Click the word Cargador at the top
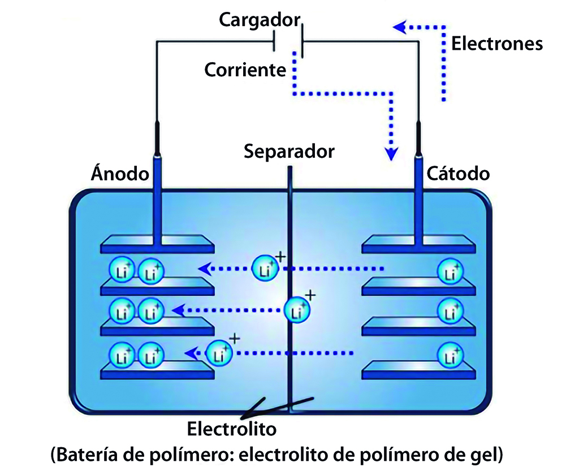tap(259, 21)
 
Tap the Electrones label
tap(497, 44)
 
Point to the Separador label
tap(289, 152)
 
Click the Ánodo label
tap(120, 173)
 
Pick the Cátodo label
tap(458, 173)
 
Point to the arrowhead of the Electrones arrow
tap(399, 27)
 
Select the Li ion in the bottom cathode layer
tap(451, 357)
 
